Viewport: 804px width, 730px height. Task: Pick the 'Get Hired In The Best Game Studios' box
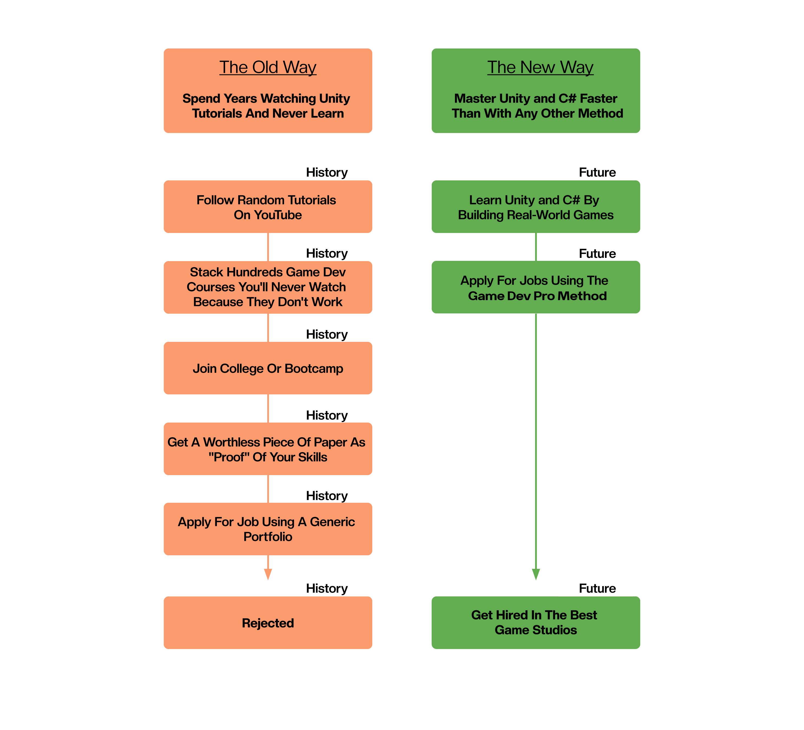[536, 622]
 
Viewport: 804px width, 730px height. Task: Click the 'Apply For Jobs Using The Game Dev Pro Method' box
[536, 288]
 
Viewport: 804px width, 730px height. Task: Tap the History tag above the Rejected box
[327, 588]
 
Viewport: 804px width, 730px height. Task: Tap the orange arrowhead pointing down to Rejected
[268, 574]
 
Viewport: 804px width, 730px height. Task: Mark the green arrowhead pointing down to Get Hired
[536, 574]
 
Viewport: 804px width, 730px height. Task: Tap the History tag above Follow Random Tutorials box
[327, 172]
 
